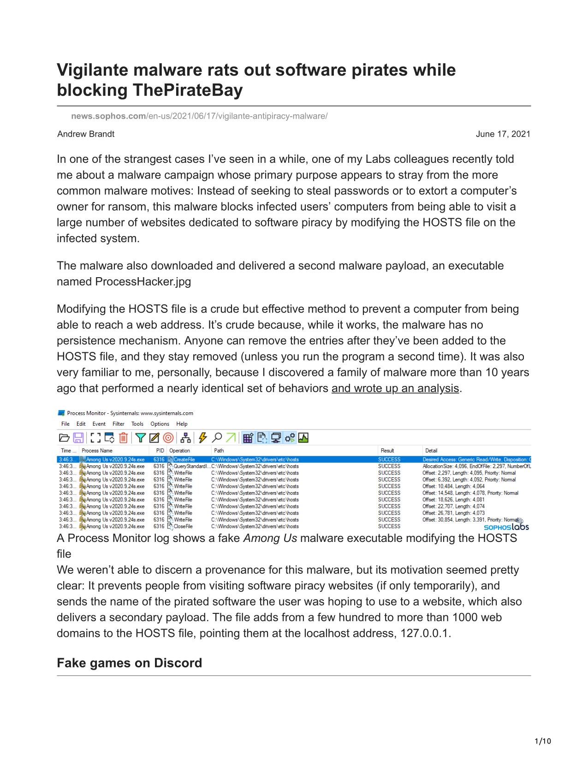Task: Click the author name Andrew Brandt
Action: point(86,134)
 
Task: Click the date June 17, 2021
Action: point(503,134)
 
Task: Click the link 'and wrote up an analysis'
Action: point(395,388)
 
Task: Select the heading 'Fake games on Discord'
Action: point(129,663)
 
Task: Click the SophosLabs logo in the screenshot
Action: point(506,526)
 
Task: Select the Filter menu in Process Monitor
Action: point(119,424)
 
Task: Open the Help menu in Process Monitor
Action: point(182,424)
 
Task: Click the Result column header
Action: point(387,451)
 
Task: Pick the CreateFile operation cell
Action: point(184,459)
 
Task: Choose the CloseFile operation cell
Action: point(183,526)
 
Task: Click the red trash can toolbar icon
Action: point(123,438)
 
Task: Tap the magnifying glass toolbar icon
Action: point(217,438)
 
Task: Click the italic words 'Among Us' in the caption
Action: point(270,538)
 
